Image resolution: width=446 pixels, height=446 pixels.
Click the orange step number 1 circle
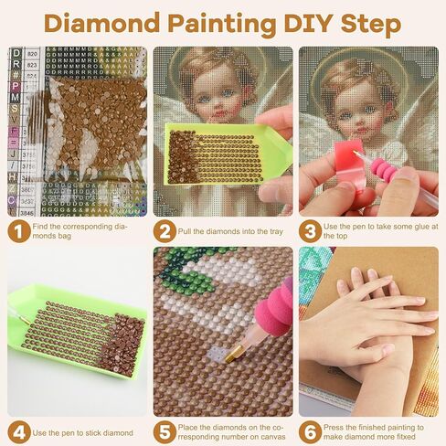[x=17, y=231]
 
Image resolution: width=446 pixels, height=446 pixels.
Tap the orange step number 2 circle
[x=165, y=231]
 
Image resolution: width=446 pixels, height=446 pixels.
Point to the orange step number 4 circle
[x=17, y=430]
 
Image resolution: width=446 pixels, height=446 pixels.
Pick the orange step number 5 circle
[x=165, y=430]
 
